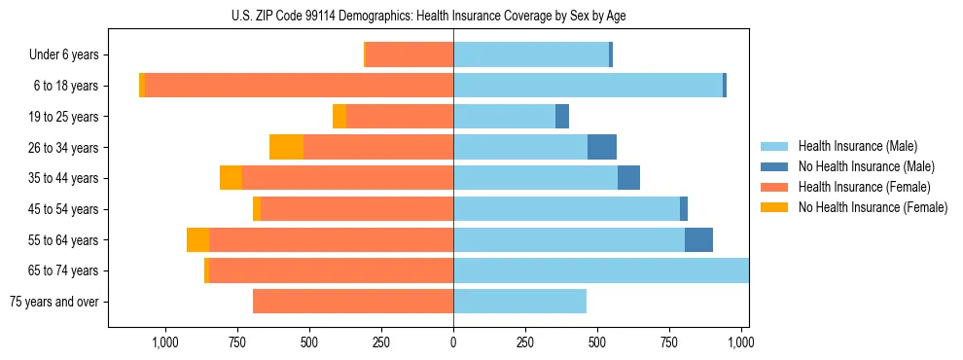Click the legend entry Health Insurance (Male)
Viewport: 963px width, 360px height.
pyautogui.click(x=856, y=146)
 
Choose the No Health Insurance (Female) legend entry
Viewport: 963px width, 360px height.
pyautogui.click(x=873, y=207)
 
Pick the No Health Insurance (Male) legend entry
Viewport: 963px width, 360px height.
pyautogui.click(x=866, y=166)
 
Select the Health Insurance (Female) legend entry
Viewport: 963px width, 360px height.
pyautogui.click(x=864, y=187)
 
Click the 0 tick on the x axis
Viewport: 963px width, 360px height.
pyautogui.click(x=453, y=342)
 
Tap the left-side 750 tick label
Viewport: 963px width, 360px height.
pyautogui.click(x=236, y=342)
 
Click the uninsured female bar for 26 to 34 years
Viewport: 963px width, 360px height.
pyautogui.click(x=286, y=147)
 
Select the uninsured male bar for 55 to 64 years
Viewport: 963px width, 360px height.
pyautogui.click(x=698, y=239)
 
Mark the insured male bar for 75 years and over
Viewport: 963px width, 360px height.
pyautogui.click(x=519, y=302)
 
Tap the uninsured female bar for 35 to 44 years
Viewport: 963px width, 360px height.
pyautogui.click(x=231, y=178)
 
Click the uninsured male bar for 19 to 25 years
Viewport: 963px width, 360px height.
pyautogui.click(x=562, y=117)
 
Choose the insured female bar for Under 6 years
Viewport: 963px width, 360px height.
pyautogui.click(x=410, y=54)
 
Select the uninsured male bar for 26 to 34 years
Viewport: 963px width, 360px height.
pyautogui.click(x=602, y=147)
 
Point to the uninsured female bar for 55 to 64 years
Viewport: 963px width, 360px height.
pyautogui.click(x=197, y=239)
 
